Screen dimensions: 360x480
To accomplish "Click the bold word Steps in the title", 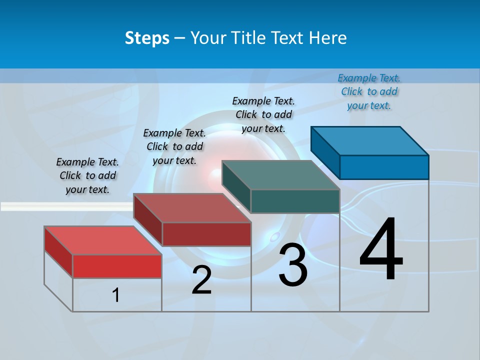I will [147, 38].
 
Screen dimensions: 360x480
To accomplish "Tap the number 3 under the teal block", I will [293, 265].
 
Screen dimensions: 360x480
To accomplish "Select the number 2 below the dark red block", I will [201, 280].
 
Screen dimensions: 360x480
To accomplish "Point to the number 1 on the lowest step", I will [116, 295].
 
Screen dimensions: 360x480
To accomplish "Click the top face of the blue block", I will [370, 140].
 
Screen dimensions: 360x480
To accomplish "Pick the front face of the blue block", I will [384, 167].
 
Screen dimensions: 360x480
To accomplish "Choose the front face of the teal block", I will [295, 201].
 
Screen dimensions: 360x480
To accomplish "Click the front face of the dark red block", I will [206, 234].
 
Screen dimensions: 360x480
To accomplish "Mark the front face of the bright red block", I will [117, 266].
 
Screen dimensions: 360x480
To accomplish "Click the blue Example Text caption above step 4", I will [369, 91].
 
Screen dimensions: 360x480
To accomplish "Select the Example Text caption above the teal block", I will [263, 114].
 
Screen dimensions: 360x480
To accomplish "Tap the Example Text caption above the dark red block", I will [174, 146].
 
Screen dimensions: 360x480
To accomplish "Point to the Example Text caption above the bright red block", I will [87, 175].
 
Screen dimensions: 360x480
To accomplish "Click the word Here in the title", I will [328, 38].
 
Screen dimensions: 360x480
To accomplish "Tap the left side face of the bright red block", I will [58, 251].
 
